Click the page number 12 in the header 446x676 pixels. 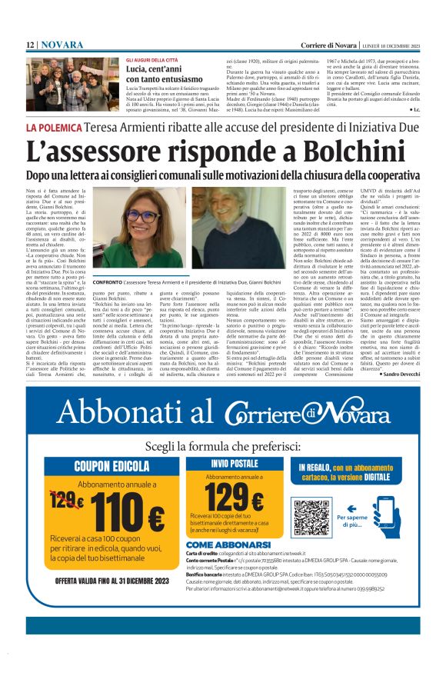32,45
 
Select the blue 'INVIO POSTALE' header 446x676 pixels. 234,465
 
